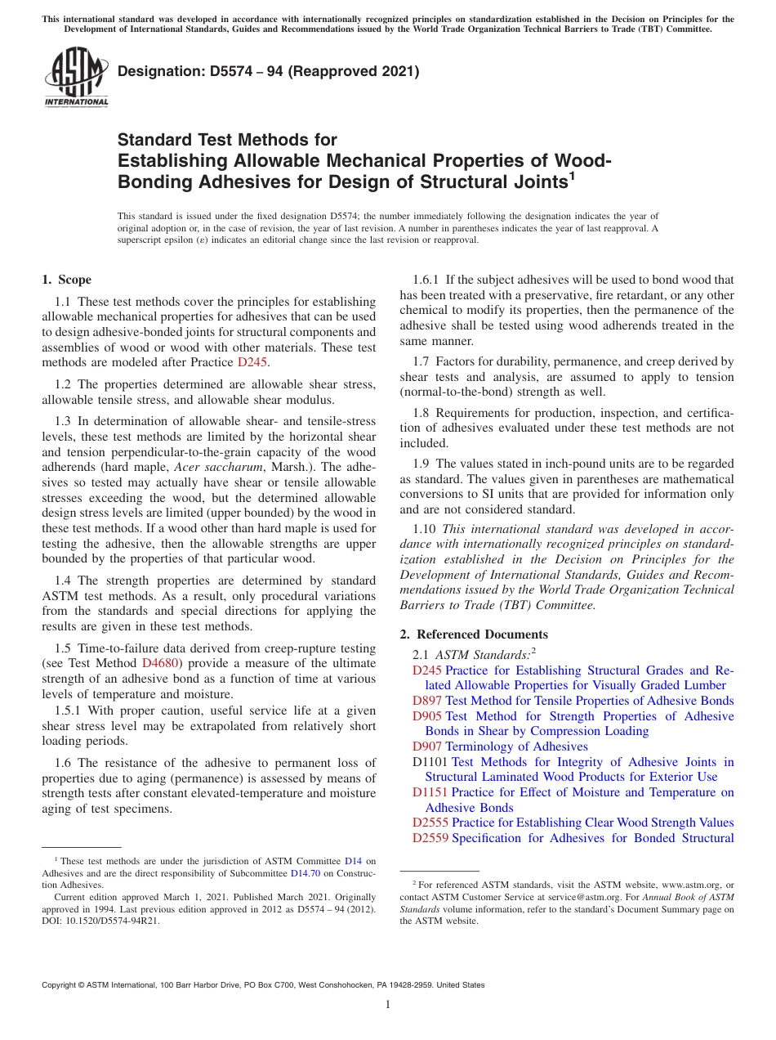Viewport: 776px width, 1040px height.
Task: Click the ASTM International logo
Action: click(x=75, y=78)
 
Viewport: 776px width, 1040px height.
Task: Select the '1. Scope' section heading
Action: click(x=66, y=280)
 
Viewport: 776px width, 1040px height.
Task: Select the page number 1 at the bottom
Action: click(x=388, y=1004)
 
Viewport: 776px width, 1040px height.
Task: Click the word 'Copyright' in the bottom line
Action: click(x=61, y=985)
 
